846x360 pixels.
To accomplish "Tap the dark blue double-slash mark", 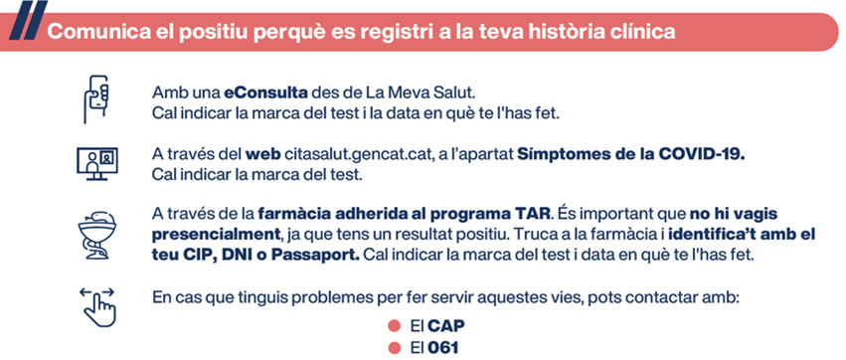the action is pos(27,20).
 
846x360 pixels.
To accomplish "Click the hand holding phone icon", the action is pos(96,99).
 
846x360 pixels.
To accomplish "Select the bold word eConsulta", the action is pos(266,92).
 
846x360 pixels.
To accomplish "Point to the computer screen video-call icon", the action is pos(97,163).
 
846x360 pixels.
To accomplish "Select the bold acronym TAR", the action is pos(532,214).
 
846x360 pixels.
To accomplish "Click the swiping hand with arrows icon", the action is pos(97,307).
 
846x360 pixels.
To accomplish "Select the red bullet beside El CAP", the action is pos(394,326).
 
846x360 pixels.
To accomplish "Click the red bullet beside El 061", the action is pos(394,348).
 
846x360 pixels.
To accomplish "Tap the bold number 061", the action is pos(443,348).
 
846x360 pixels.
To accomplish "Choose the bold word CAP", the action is pos(446,326).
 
